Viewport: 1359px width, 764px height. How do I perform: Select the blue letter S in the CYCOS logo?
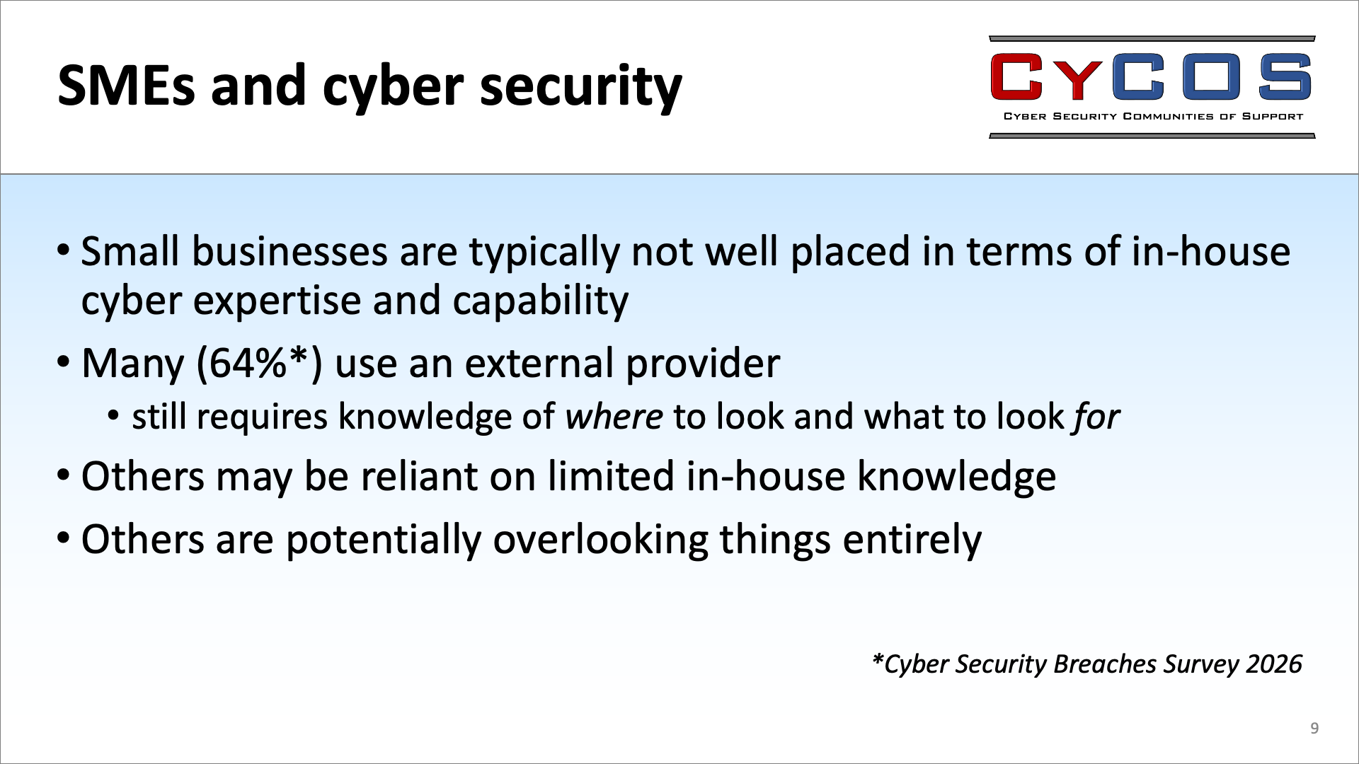[1285, 76]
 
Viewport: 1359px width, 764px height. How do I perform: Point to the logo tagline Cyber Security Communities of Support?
[1153, 117]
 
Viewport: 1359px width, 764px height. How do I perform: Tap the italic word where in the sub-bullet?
[614, 417]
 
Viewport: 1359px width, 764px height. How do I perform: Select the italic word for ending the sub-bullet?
[1096, 417]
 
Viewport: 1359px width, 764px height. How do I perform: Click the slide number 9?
[1314, 729]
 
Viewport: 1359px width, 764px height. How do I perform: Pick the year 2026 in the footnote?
[1274, 664]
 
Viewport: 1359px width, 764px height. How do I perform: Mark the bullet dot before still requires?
[114, 417]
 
